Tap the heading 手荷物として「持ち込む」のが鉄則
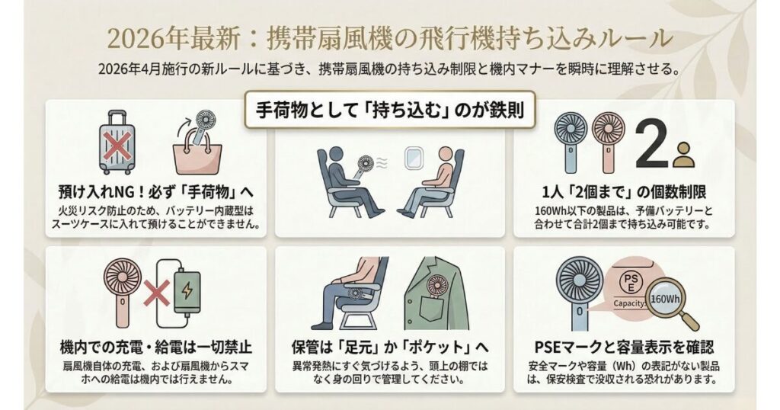point(390,111)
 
